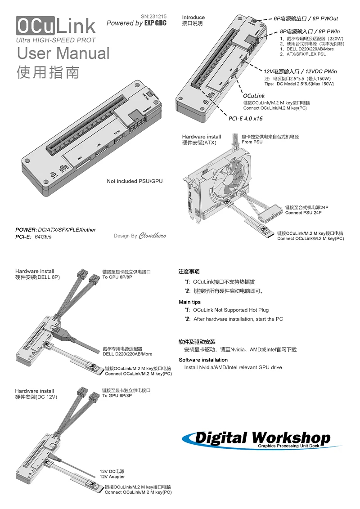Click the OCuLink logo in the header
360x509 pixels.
(56, 27)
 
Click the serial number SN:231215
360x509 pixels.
(153, 16)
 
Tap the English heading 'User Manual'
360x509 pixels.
(63, 54)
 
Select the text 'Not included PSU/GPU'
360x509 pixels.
(135, 181)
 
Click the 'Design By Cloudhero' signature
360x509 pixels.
(139, 236)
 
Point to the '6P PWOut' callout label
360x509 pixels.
(306, 19)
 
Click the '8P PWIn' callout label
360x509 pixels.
(309, 32)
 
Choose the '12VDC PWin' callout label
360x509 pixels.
(300, 71)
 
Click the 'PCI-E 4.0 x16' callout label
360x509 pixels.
(245, 119)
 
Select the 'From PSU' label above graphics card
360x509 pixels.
(252, 142)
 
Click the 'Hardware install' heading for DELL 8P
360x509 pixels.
(35, 272)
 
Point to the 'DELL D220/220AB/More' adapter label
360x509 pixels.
(127, 354)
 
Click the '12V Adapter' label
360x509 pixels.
(112, 477)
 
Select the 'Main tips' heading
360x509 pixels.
(189, 302)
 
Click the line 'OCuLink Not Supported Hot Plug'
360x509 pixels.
(230, 310)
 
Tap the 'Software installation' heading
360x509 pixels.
(203, 360)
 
